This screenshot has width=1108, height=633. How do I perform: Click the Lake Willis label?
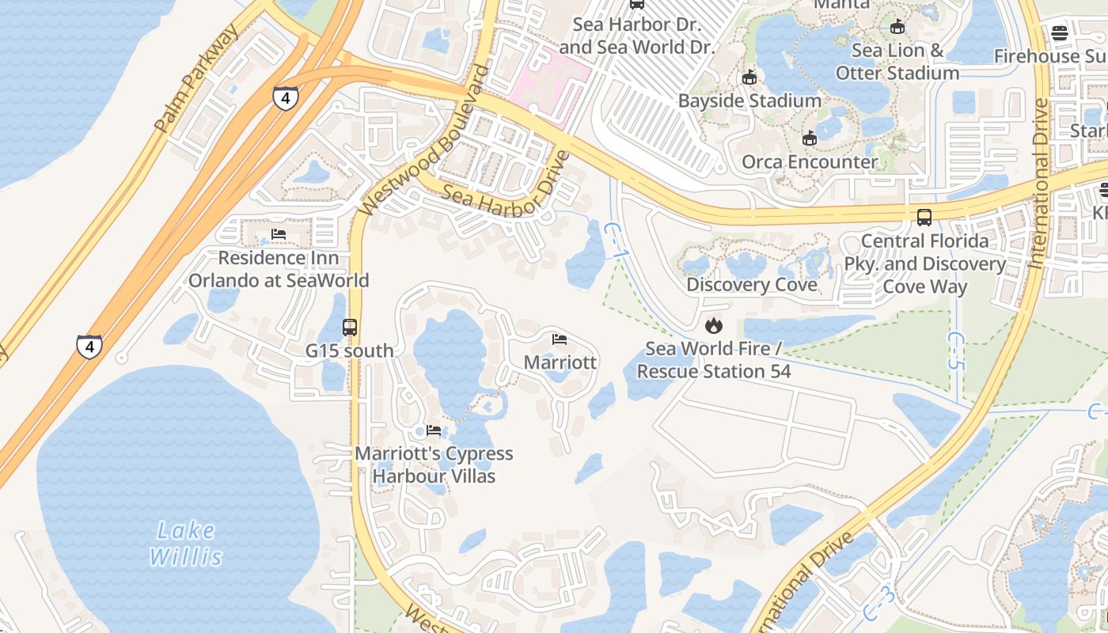186,543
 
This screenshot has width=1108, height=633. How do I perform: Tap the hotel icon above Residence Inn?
278,234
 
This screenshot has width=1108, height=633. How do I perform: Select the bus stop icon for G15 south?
349,327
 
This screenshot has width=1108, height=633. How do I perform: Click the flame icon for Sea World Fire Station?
714,325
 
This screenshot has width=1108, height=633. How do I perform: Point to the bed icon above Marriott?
560,339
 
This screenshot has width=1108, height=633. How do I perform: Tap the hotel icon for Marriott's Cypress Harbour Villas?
433,430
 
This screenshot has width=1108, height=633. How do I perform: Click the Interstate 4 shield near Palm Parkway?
286,98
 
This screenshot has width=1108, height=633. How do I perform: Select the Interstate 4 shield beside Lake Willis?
89,347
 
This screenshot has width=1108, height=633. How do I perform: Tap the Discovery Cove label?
751,285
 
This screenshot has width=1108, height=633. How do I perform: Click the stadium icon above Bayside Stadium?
749,78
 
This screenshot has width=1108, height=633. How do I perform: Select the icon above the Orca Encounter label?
809,139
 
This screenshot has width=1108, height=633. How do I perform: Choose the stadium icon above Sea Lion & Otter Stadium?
897,27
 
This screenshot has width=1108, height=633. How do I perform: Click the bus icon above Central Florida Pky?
924,217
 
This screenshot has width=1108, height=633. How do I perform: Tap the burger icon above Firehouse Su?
1060,33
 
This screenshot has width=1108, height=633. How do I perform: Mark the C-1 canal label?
613,240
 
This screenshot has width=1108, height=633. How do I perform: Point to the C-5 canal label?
957,351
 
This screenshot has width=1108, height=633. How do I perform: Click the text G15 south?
349,351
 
